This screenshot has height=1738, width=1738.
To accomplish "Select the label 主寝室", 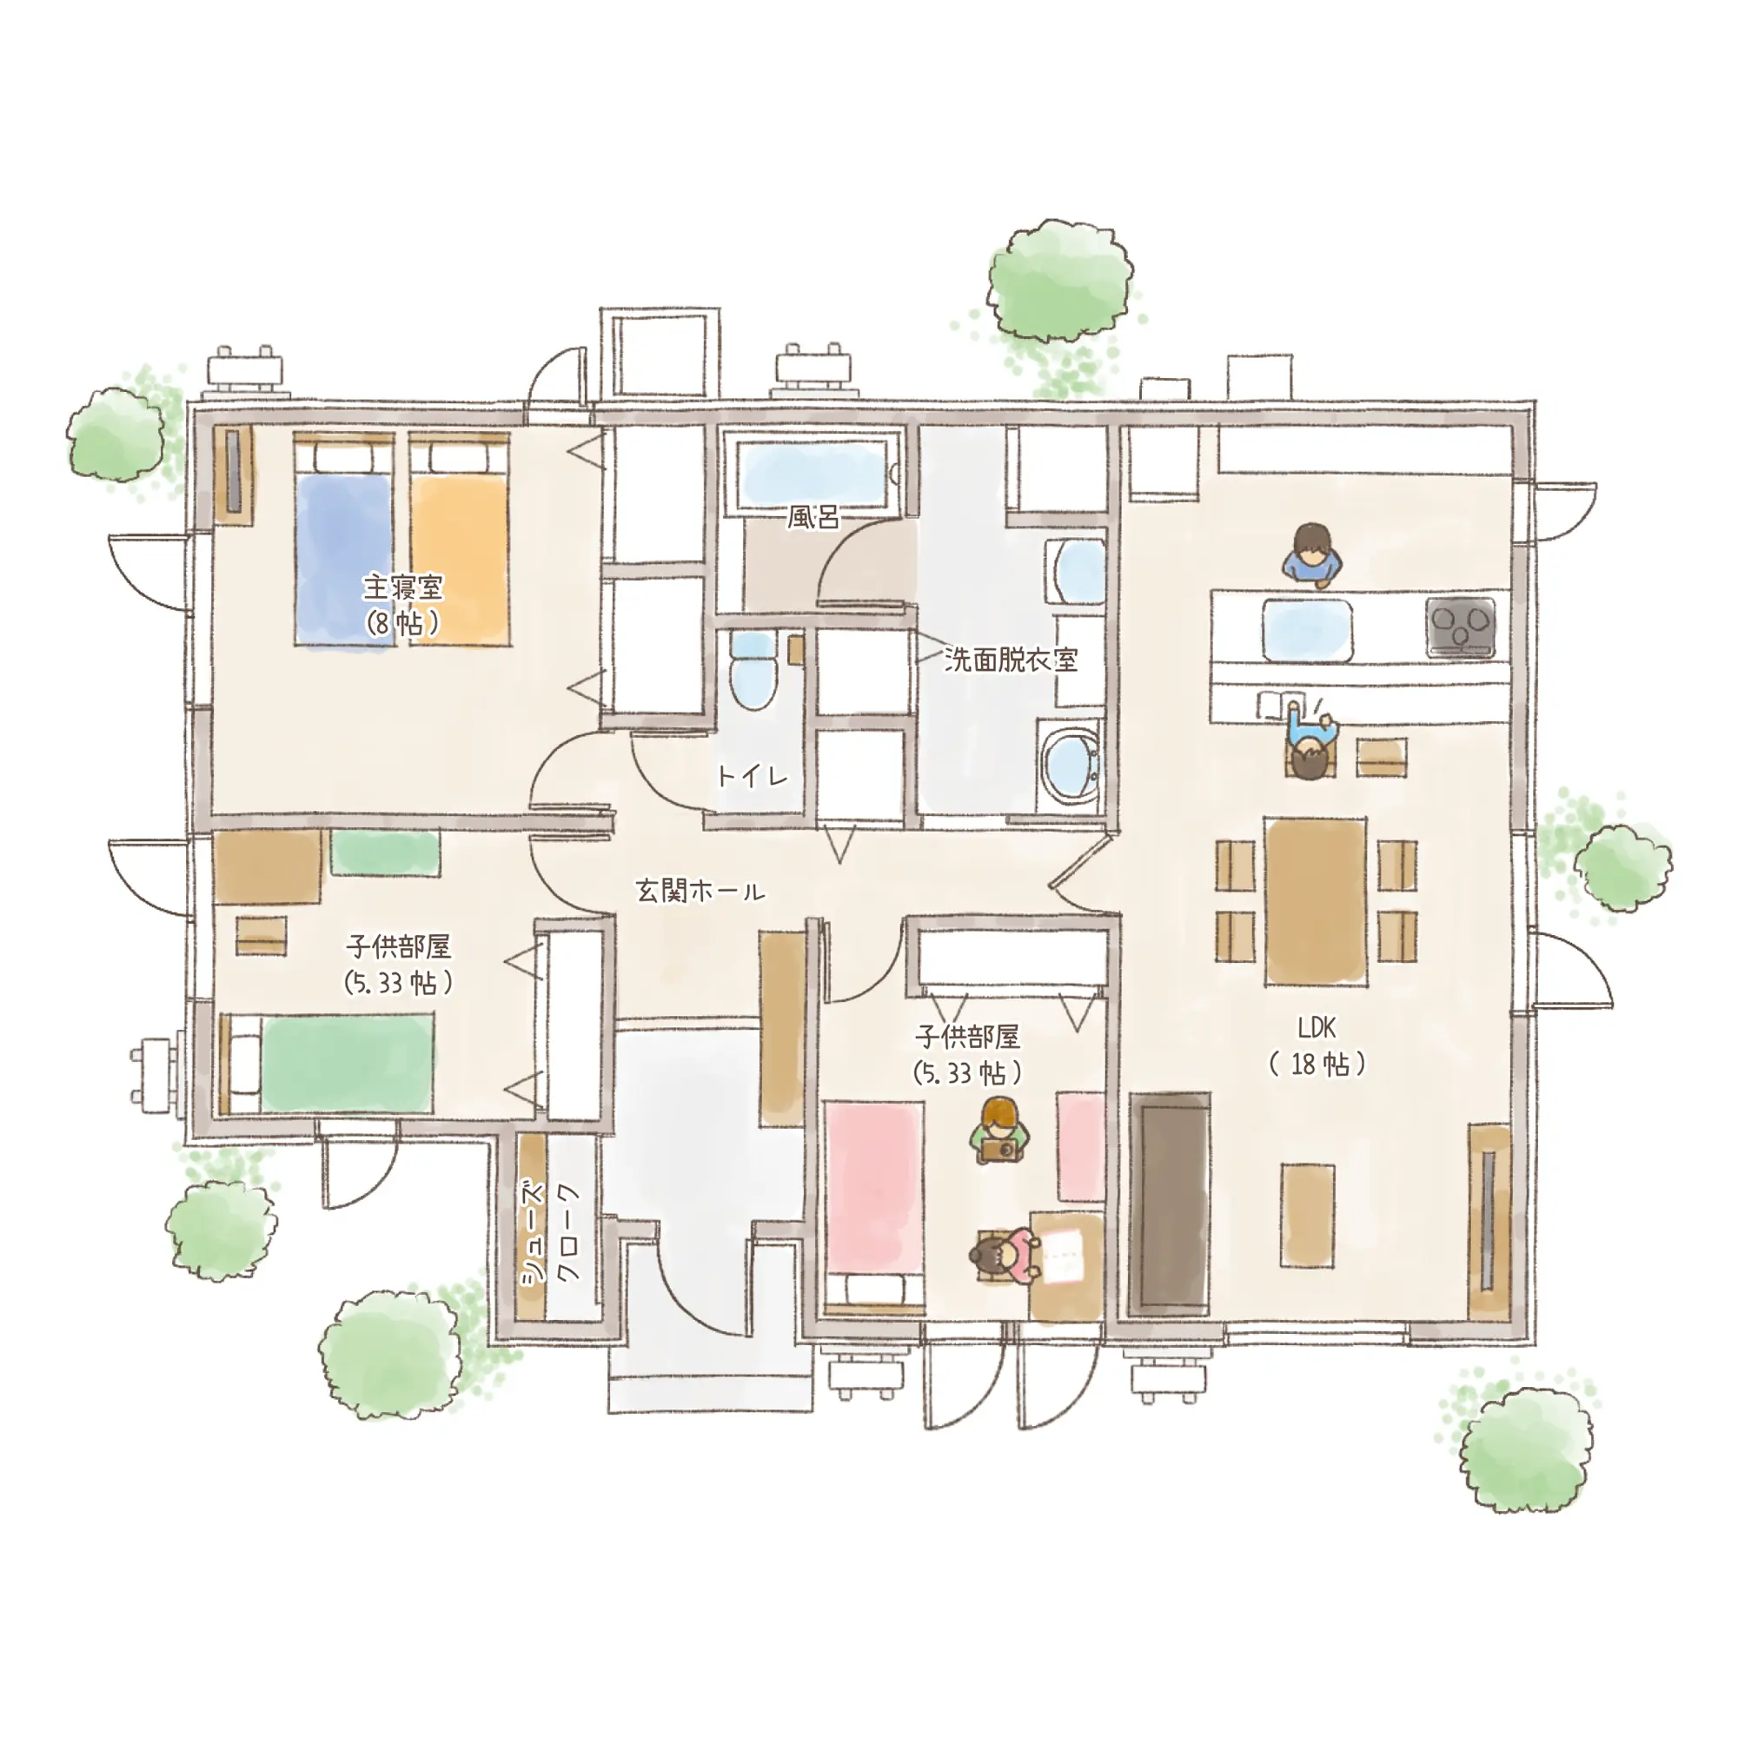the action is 403,588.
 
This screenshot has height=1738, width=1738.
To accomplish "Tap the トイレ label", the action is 753,775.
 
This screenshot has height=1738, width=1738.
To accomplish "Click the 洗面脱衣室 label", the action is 1012,660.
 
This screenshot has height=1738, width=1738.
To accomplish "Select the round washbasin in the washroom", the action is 1071,763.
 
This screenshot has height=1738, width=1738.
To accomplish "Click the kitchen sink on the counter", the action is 1306,629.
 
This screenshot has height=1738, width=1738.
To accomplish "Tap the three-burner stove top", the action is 1460,626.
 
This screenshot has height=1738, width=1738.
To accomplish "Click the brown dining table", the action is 1315,900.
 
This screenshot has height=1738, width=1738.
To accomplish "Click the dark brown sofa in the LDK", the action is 1171,1204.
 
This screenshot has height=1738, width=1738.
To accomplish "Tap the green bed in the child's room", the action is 328,1065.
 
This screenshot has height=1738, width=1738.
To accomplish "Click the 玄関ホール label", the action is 700,891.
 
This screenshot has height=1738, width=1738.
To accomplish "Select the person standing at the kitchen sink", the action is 1312,556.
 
